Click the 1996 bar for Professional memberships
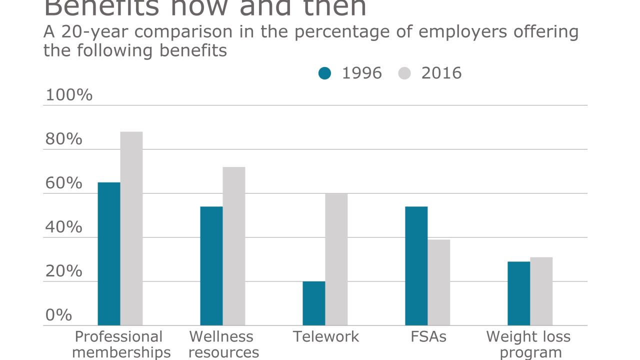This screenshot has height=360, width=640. (x=109, y=254)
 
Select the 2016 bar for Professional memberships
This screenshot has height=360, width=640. (x=131, y=228)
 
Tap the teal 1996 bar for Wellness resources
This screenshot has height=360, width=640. (x=211, y=266)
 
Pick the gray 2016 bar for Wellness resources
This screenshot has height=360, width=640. (x=234, y=246)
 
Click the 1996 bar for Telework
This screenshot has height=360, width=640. (x=314, y=303)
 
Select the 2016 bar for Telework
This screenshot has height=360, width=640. (x=336, y=259)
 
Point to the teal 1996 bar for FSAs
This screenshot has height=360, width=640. (x=416, y=266)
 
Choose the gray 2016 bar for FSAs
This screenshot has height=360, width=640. (x=439, y=282)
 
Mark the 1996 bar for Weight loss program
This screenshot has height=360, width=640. (x=519, y=293)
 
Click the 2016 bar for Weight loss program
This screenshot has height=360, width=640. (x=541, y=291)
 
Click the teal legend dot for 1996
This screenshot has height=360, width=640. (x=325, y=73)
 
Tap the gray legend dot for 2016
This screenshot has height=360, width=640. (x=404, y=73)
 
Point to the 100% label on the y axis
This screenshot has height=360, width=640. (x=69, y=95)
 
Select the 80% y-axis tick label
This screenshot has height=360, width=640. (x=63, y=139)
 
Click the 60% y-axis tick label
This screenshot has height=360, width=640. (x=63, y=183)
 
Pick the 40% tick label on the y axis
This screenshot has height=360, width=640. (x=63, y=227)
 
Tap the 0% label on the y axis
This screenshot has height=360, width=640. (x=58, y=315)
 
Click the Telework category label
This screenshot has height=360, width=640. (x=325, y=336)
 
